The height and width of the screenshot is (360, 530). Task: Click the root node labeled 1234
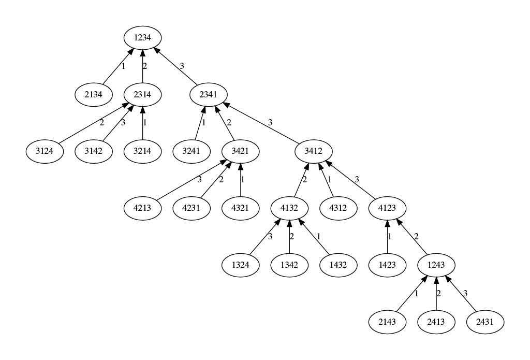pos(142,38)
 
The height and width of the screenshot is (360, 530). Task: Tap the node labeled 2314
pos(142,95)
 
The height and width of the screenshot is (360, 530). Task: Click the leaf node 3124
pos(44,152)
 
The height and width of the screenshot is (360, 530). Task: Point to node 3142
pos(93,152)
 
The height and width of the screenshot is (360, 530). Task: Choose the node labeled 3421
pos(240,152)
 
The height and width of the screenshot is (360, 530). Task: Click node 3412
pos(313,152)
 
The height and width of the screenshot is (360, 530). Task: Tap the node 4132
pos(289,208)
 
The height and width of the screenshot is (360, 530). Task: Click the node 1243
pos(436,265)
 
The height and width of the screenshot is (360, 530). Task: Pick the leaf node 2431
pos(485,322)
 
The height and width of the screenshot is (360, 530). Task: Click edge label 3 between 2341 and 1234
pos(182,66)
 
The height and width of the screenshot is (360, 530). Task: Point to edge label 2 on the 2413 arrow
pos(439,294)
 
